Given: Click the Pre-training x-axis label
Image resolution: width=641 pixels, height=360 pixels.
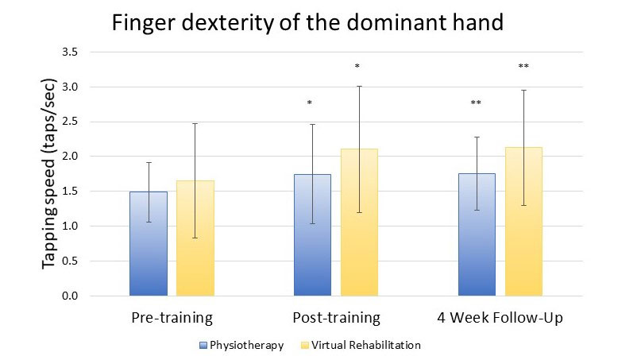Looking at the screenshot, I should (x=172, y=319).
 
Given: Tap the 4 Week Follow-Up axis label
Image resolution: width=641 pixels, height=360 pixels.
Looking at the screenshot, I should (x=499, y=319).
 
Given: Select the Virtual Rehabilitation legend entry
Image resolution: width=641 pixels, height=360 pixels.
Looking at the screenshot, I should (x=361, y=346).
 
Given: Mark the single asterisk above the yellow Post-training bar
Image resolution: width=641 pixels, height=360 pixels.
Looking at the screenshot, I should (x=357, y=67).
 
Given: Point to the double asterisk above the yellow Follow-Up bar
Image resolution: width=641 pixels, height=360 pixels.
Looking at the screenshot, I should (x=523, y=67).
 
